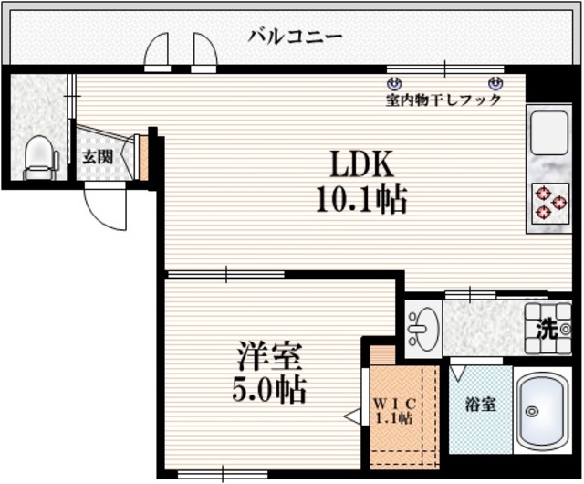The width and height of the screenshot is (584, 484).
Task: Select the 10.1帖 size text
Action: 361,197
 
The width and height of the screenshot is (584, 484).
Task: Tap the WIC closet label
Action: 394,403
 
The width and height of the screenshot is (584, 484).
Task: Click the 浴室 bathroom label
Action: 480,404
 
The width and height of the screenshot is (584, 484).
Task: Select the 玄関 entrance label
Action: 98,156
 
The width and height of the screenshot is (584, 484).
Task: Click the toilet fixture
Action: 39,157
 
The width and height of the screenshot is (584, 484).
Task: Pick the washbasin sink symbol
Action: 422,326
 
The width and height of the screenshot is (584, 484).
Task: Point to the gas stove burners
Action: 549,203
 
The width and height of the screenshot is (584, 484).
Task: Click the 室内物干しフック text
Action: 443,100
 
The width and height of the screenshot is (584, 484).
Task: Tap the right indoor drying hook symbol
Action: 495,82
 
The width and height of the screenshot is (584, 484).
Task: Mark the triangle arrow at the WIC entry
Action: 351,416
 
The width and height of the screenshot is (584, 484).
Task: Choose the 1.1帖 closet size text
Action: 394,418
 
